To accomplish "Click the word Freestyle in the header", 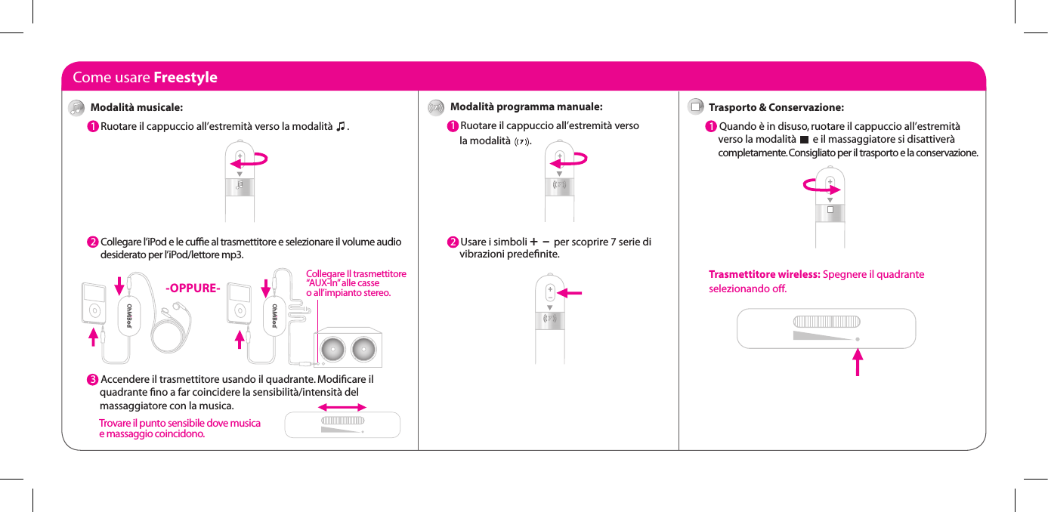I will pos(185,77).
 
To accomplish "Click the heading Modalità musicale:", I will pos(136,107).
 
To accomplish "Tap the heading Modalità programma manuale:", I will pos(526,106).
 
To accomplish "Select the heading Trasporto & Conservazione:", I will pos(776,107).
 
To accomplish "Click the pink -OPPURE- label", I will pos(193,288).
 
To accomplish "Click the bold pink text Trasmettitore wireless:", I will pos(764,274).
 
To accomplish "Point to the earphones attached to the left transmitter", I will pos(178,307).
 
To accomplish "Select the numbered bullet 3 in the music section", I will pos(91,378).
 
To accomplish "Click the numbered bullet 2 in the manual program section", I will pos(452,242).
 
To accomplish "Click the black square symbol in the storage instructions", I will pos(803,140).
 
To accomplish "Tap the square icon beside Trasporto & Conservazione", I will pos(696,107).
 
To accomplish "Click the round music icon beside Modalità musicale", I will pos(76,108).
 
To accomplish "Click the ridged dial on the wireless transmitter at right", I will pos(826,321).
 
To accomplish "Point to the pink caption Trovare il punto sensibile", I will pos(180,428).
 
